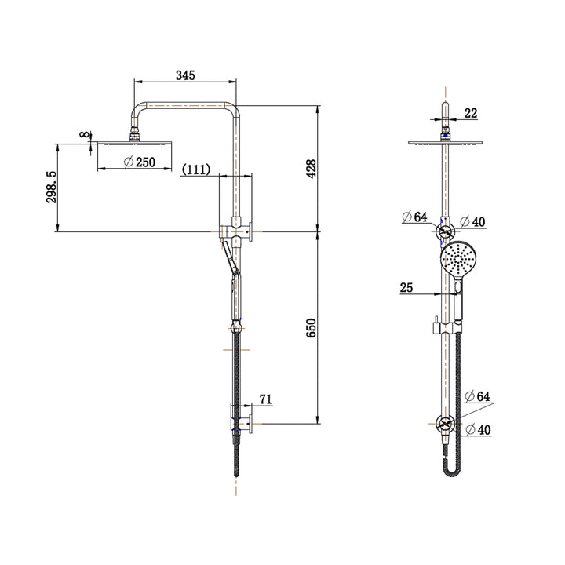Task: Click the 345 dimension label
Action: tap(184, 75)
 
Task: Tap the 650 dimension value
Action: tap(311, 327)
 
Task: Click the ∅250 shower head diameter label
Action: tap(140, 162)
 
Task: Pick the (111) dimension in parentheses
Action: tap(195, 169)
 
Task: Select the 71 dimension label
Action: tap(264, 399)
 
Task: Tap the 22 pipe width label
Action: tap(470, 113)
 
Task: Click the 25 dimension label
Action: tap(406, 288)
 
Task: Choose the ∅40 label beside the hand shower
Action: tap(473, 222)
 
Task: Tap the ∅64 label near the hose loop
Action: tap(477, 397)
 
